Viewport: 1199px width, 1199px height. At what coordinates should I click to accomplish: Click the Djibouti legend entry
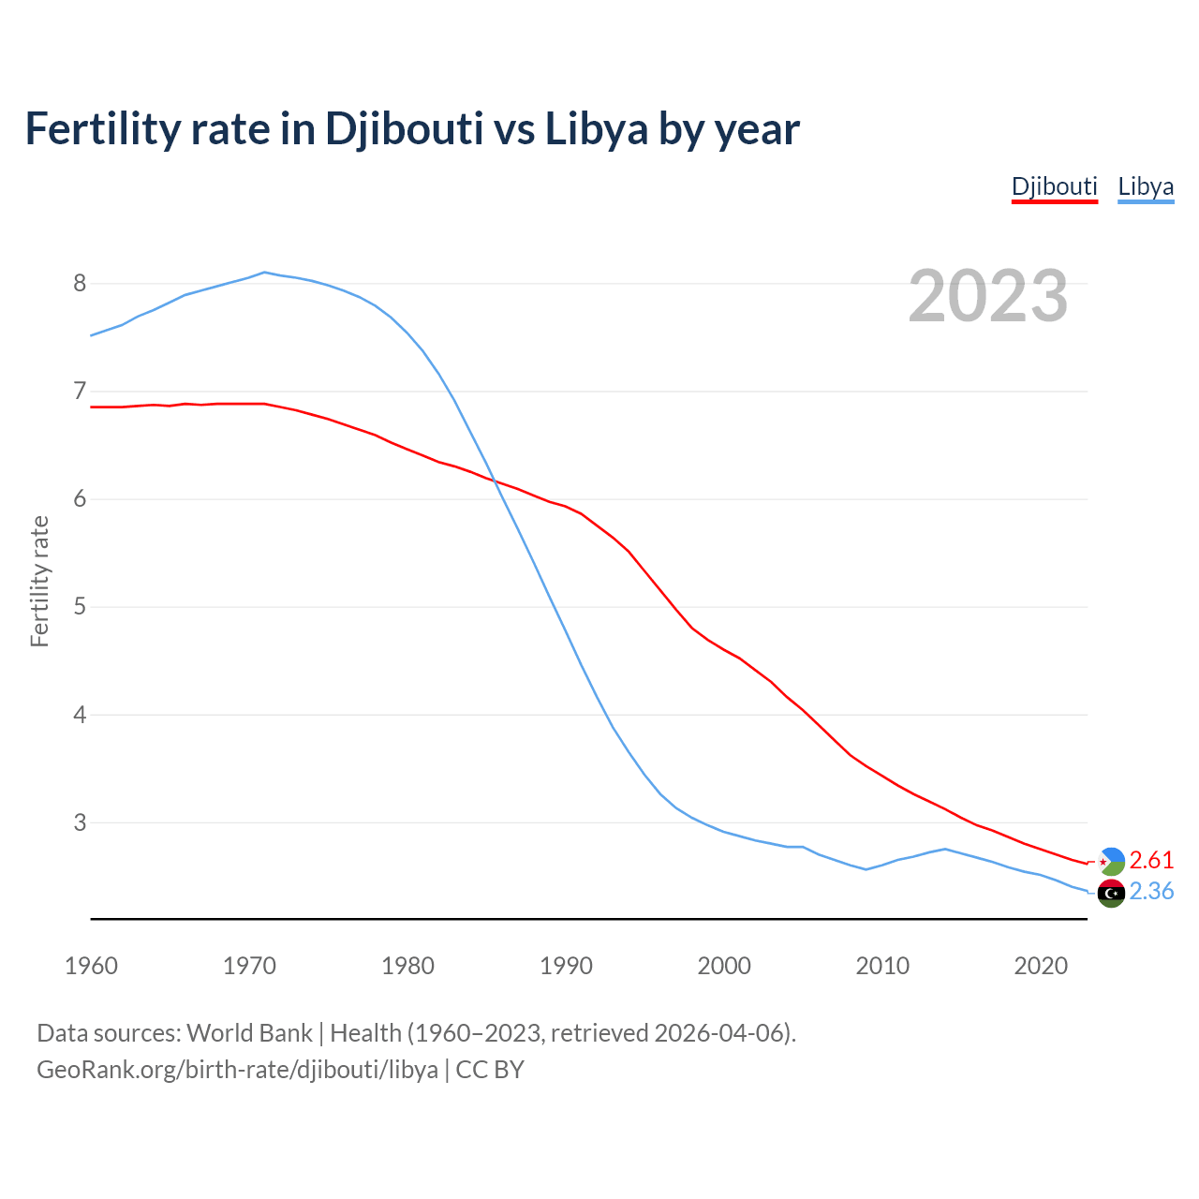tap(1054, 186)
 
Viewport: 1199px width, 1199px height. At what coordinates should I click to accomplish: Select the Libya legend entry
tap(1146, 186)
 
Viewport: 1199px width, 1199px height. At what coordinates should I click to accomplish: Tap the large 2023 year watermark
tap(988, 296)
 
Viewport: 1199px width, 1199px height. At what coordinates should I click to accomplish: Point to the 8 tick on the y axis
tap(79, 283)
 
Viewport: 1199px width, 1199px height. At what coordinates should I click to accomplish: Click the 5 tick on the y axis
tap(79, 607)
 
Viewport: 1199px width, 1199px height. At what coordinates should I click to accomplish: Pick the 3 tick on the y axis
tap(79, 822)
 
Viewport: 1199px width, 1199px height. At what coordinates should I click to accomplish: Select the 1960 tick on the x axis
tap(91, 966)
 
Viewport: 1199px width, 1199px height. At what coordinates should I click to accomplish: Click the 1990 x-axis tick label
tap(566, 966)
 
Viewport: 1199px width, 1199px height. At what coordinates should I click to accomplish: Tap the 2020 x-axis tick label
tap(1041, 966)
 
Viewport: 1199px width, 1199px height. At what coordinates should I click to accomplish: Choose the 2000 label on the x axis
tap(724, 966)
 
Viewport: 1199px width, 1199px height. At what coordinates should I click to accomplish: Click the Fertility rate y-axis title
tap(39, 581)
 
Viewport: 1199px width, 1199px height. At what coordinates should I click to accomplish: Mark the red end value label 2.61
tap(1151, 860)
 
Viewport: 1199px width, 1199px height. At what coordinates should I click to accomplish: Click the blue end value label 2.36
tap(1151, 891)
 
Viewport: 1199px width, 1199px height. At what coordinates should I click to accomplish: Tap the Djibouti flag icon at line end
tap(1111, 861)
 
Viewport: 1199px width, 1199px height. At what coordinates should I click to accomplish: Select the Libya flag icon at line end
tap(1111, 893)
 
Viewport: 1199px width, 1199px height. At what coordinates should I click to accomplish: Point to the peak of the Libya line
tap(265, 273)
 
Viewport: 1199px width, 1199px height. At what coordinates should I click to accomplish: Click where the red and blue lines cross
tap(493, 481)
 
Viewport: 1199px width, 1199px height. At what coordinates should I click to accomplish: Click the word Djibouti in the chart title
tap(404, 128)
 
